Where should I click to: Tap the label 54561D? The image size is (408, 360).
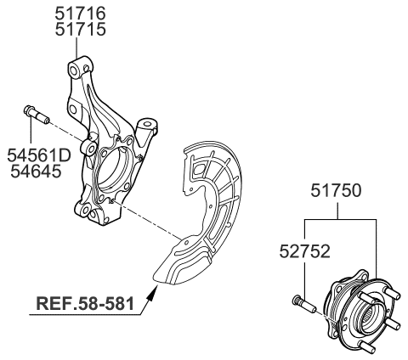pyautogui.click(x=38, y=157)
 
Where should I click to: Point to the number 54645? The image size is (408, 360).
pyautogui.click(x=38, y=174)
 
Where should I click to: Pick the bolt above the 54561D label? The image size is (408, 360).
pyautogui.click(x=31, y=115)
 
